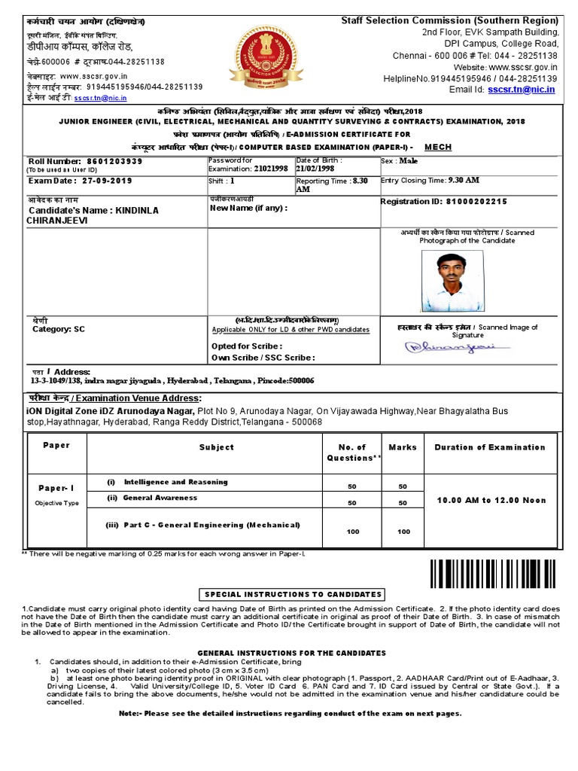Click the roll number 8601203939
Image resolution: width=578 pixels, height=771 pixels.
112,161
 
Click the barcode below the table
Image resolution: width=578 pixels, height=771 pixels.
495,574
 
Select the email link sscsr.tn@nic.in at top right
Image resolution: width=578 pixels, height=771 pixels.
521,89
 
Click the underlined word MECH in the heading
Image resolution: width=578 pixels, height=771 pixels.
438,147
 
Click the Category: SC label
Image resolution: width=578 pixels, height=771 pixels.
59,329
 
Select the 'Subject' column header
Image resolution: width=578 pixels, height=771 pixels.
216,447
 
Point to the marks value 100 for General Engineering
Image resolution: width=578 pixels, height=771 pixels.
403,532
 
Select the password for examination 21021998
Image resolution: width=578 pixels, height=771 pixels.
267,170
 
